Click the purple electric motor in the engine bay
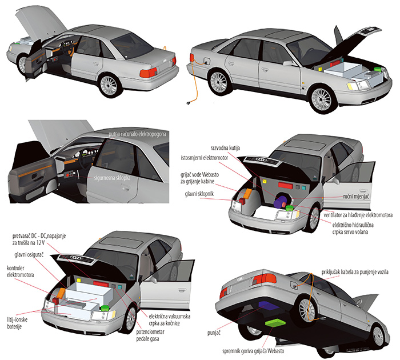[281, 201]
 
